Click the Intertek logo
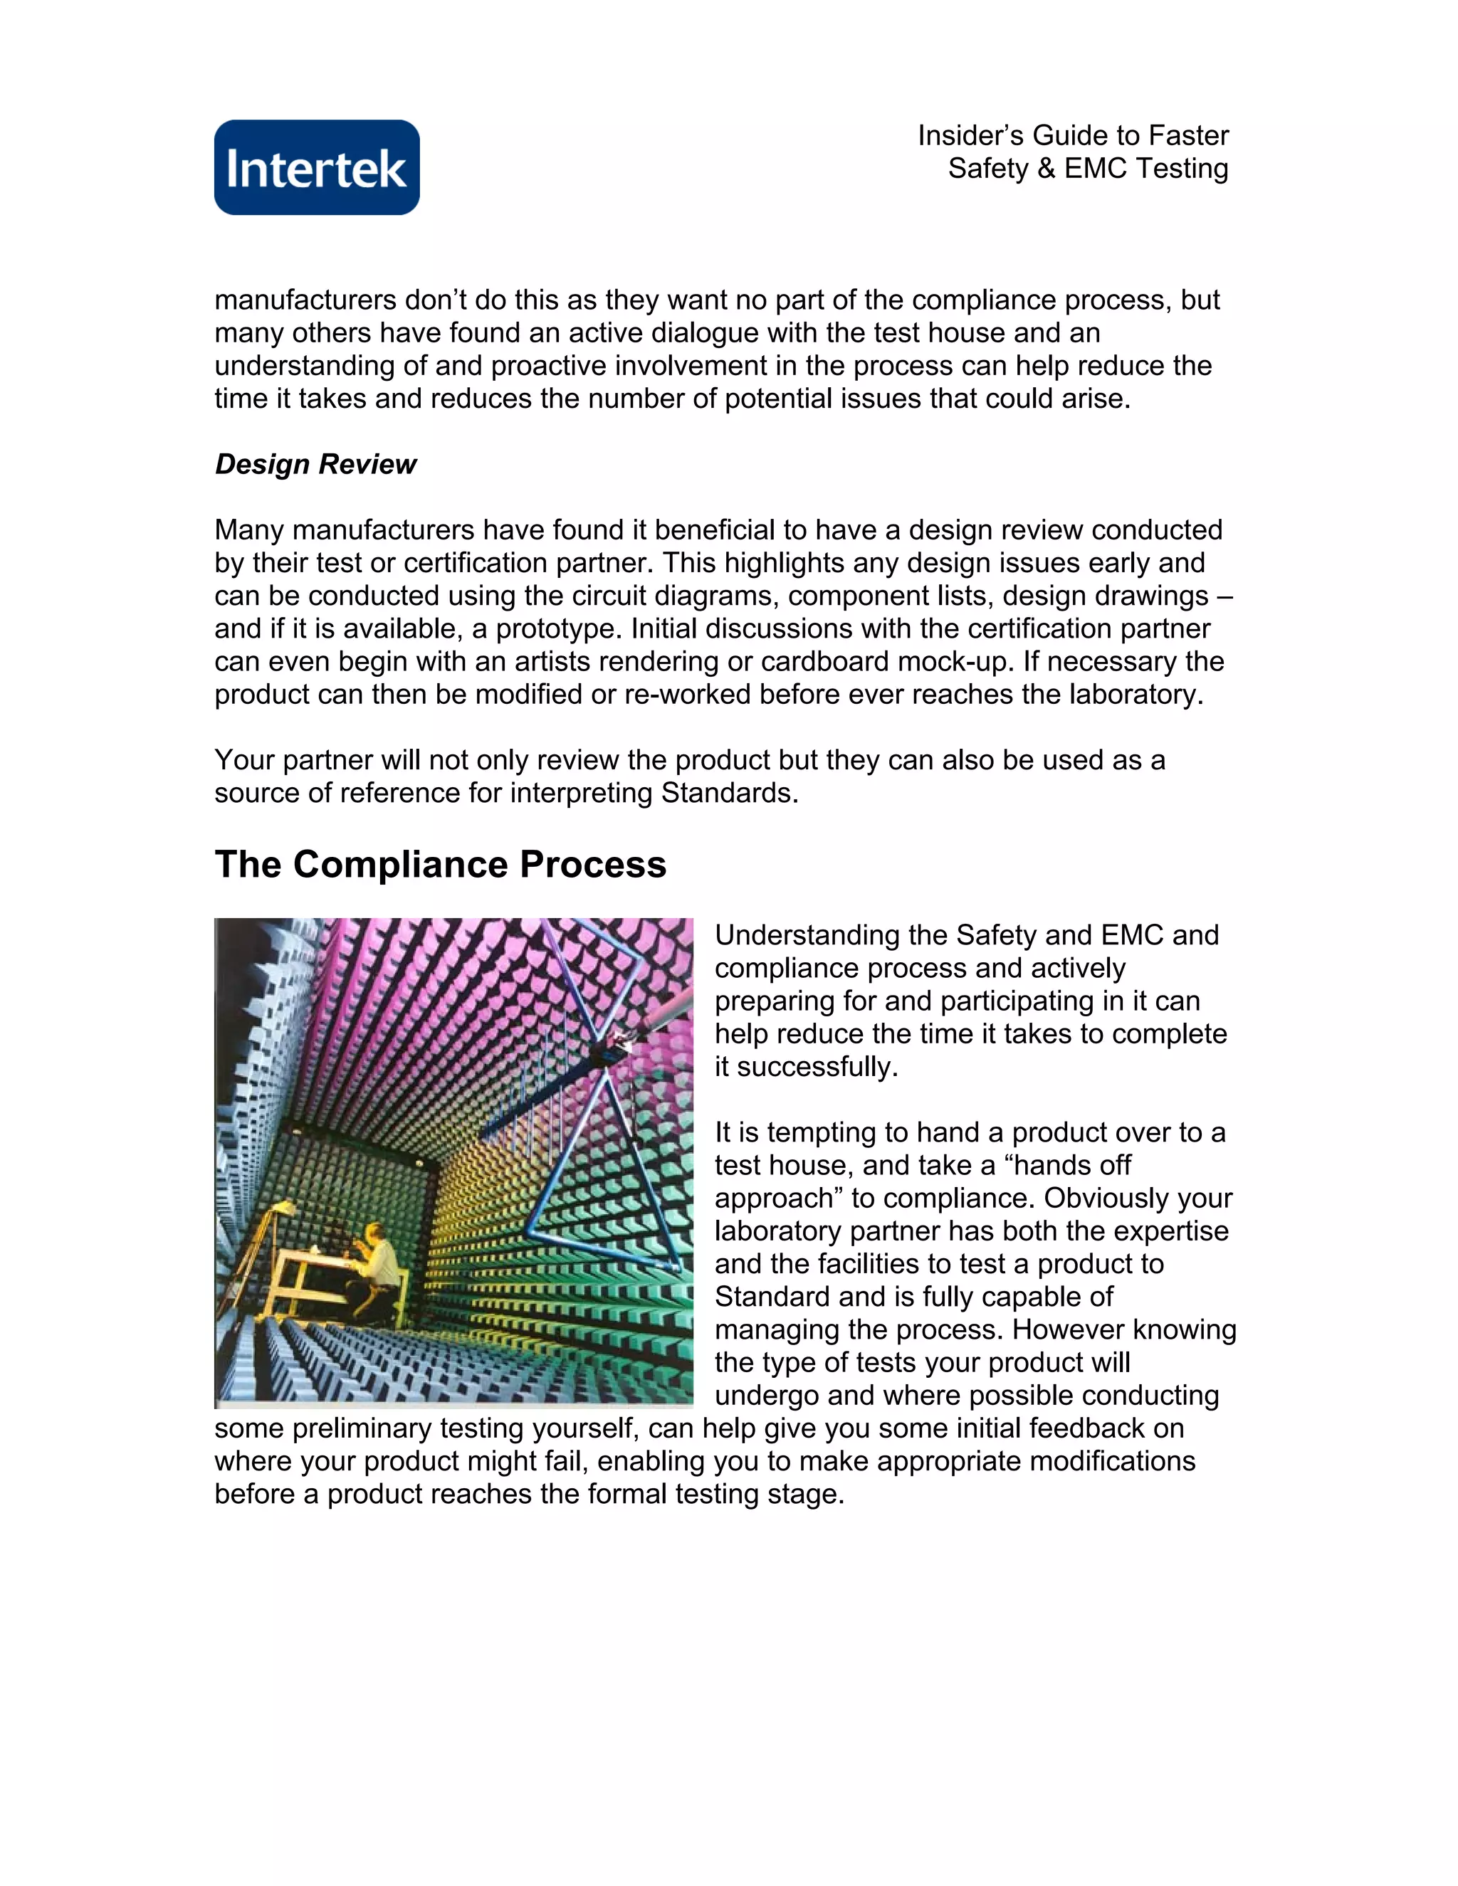[x=317, y=167]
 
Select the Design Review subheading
[x=315, y=465]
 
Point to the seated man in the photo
[x=380, y=1263]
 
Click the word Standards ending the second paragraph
[x=729, y=793]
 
